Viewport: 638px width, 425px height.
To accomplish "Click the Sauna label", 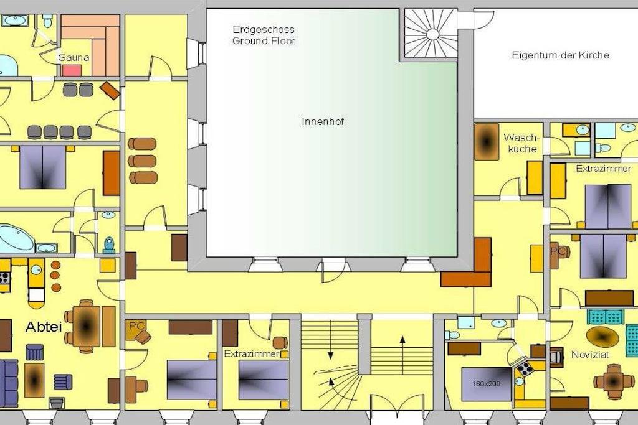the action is click(74, 57).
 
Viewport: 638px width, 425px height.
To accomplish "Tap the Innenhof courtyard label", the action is click(323, 121).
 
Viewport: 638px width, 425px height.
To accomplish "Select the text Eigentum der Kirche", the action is click(560, 55).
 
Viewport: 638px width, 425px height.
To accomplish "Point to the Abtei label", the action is click(44, 327).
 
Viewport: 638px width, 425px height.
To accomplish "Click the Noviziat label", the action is click(590, 355).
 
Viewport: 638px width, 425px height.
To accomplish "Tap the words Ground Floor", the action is click(264, 40).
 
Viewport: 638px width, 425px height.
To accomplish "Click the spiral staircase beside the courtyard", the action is click(432, 34).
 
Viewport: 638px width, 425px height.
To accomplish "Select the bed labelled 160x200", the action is click(487, 383).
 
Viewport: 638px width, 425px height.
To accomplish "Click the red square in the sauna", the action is click(72, 70).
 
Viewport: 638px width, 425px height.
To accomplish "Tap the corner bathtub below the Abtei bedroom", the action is click(17, 238).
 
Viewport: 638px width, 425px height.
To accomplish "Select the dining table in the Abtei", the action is click(86, 326).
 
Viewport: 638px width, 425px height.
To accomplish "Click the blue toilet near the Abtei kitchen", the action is click(109, 245).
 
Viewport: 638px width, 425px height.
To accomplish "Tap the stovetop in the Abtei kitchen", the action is click(4, 278).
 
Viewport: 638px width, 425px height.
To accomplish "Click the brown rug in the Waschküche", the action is click(486, 142).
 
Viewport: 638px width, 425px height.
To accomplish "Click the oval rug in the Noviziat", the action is click(602, 337).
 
